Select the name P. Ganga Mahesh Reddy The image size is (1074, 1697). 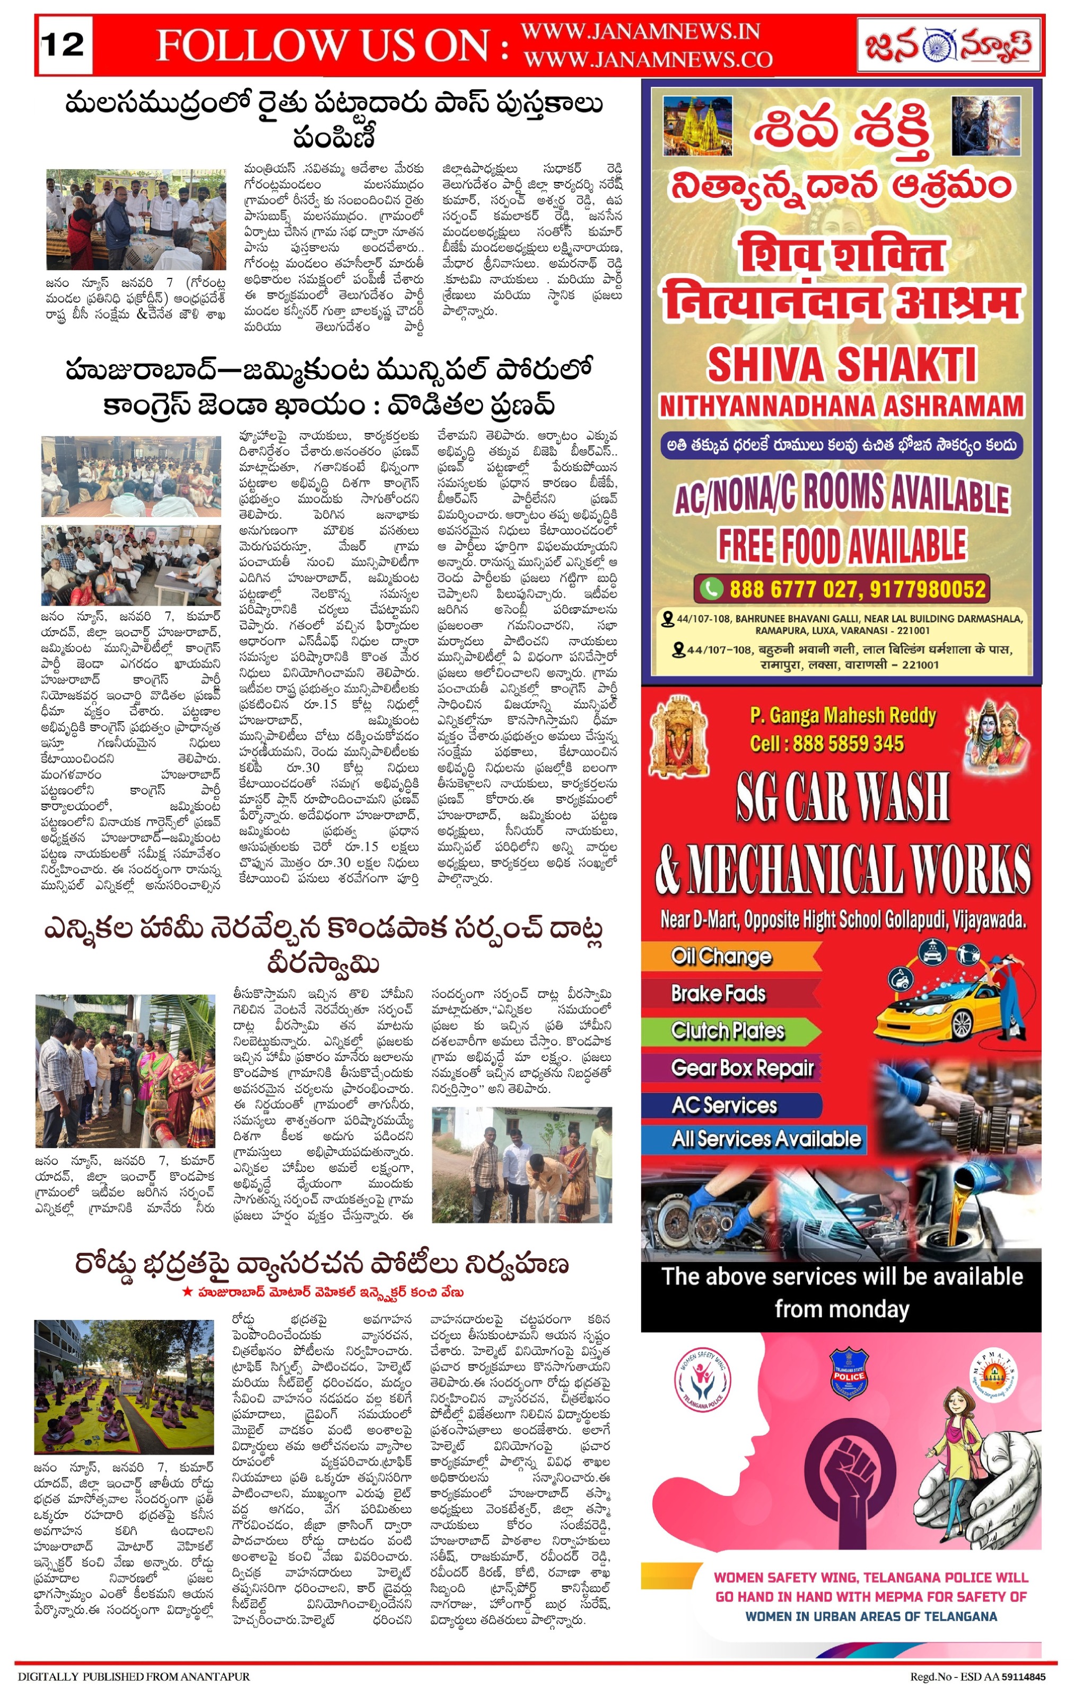pyautogui.click(x=843, y=716)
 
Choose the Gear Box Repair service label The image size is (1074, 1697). pyautogui.click(x=742, y=1068)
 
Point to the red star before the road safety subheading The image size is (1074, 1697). pyautogui.click(x=187, y=1292)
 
